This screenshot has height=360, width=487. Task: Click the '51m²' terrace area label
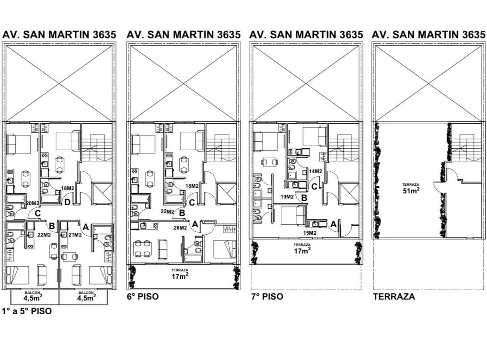click(x=411, y=190)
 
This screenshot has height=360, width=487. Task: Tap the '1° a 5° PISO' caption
click(x=27, y=311)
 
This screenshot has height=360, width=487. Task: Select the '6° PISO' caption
click(x=143, y=297)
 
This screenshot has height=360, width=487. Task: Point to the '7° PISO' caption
click(x=267, y=297)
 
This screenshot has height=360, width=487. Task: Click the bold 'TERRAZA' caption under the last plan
click(x=394, y=297)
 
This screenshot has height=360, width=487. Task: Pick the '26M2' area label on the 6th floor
click(x=180, y=228)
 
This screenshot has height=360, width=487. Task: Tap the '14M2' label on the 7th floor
click(x=315, y=171)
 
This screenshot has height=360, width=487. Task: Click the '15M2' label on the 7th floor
click(x=310, y=233)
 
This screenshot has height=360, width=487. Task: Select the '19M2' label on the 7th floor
click(x=287, y=197)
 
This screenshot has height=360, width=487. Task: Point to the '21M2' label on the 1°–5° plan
click(x=75, y=235)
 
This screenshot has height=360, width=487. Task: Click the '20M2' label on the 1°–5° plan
click(x=32, y=203)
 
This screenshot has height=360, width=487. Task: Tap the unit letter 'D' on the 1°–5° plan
click(x=67, y=202)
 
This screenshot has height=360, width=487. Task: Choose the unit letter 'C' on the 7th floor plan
click(x=314, y=187)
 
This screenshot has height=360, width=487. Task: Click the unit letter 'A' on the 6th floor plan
click(x=195, y=224)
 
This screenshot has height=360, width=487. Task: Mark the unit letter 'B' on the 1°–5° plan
click(x=52, y=226)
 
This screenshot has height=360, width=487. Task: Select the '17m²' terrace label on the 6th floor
click(x=180, y=276)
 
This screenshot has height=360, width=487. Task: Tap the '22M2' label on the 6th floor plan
click(x=167, y=212)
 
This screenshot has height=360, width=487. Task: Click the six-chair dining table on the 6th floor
click(x=143, y=249)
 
